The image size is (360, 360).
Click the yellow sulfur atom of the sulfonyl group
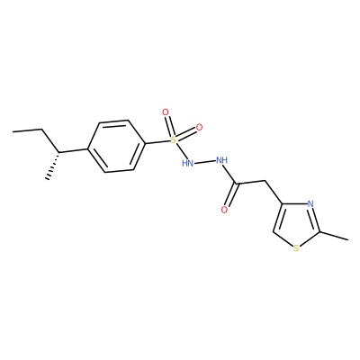point(173,139)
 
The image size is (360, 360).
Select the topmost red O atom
point(166,112)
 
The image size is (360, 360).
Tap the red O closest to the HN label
point(199,127)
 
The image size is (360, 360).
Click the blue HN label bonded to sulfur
point(187,163)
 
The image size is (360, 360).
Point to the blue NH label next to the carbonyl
point(221,160)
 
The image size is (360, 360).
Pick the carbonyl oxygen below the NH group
point(224,210)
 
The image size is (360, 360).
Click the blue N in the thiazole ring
point(310,204)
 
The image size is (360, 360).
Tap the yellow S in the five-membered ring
point(296,248)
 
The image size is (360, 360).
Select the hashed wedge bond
point(53,166)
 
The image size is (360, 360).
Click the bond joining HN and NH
point(204,162)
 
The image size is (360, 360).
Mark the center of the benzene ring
point(116,146)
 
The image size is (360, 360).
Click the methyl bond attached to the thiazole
point(334,236)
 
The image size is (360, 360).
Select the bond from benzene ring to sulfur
point(157,141)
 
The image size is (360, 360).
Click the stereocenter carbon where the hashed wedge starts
point(58,152)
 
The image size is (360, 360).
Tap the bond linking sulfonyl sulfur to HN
point(181,151)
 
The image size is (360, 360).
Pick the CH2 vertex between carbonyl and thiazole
point(265,181)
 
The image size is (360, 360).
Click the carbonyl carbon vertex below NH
point(238,184)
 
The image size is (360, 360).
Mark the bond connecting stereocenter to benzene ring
point(73,150)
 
